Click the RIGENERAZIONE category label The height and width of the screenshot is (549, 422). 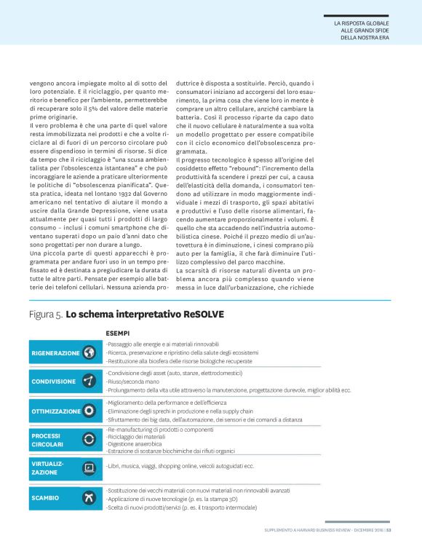pyautogui.click(x=55, y=353)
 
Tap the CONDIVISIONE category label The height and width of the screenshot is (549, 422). pyautogui.click(x=53, y=381)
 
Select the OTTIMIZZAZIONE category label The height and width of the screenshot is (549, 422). pyautogui.click(x=56, y=411)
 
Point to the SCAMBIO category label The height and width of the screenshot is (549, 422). pyautogui.click(x=45, y=499)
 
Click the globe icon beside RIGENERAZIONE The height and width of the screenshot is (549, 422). pyautogui.click(x=89, y=353)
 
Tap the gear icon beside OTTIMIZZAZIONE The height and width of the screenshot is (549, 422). pyautogui.click(x=89, y=411)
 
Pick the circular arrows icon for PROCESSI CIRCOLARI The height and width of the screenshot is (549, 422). pyautogui.click(x=89, y=438)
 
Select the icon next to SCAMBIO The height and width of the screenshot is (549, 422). pyautogui.click(x=89, y=499)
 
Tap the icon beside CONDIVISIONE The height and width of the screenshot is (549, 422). pyautogui.click(x=89, y=381)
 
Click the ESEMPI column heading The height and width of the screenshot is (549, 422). pyautogui.click(x=118, y=332)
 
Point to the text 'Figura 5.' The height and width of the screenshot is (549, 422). pyautogui.click(x=46, y=315)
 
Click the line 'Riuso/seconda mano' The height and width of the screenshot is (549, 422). pyautogui.click(x=134, y=381)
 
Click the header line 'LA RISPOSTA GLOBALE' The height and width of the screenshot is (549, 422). pyautogui.click(x=362, y=24)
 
